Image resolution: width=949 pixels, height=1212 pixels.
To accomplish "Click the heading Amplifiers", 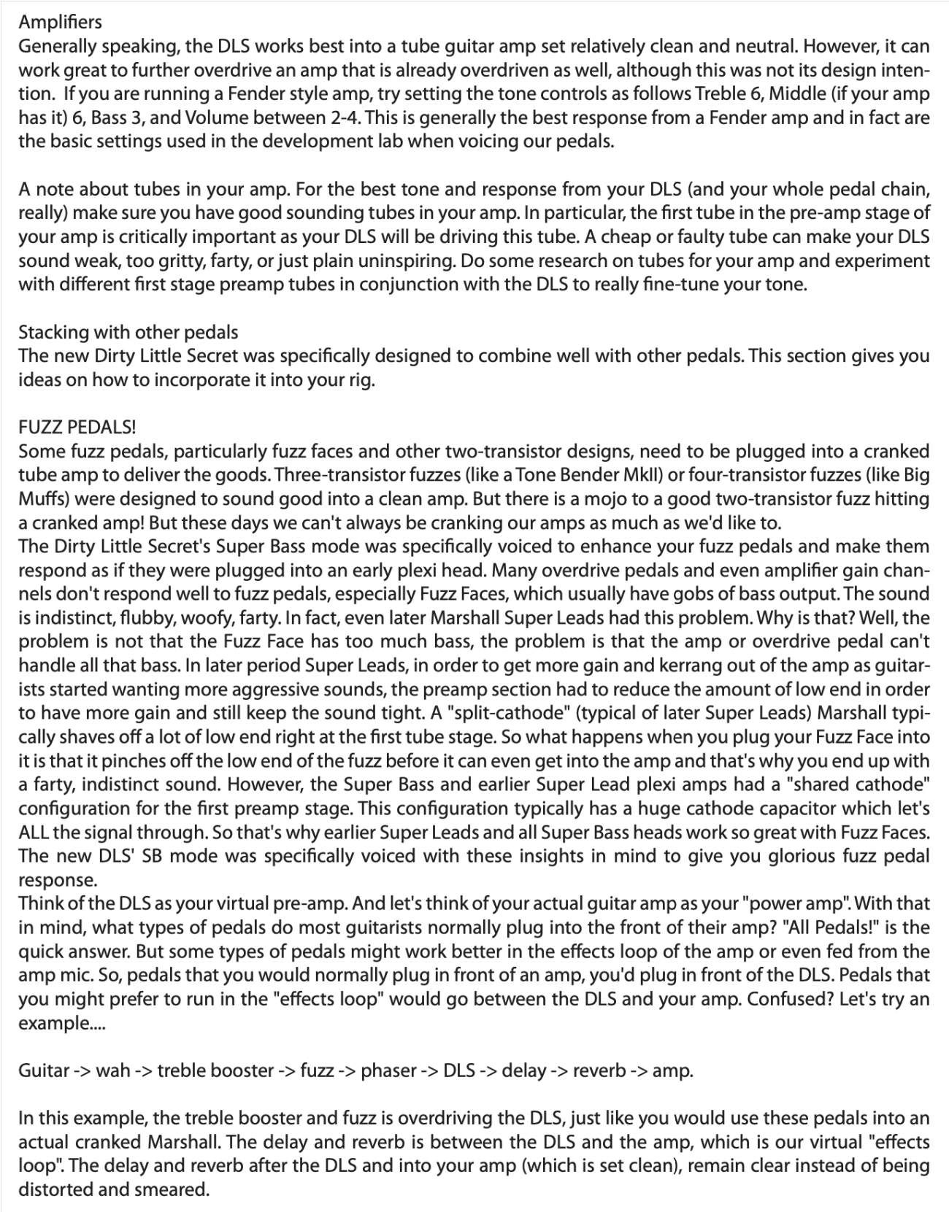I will [x=61, y=23].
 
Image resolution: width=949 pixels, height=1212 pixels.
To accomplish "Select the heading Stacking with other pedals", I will [x=128, y=332].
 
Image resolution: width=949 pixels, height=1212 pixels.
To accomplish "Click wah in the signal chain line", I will [x=113, y=1070].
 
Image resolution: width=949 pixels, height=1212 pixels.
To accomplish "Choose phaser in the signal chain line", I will [x=389, y=1070].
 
